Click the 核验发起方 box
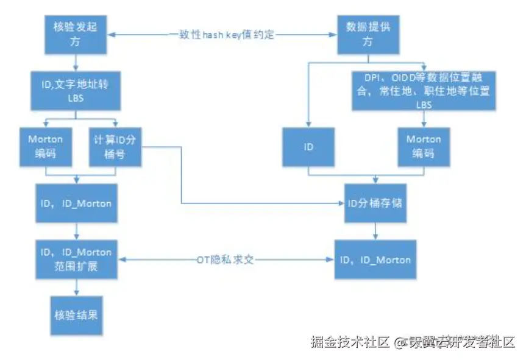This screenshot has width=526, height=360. point(75,34)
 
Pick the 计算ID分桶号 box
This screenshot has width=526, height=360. point(115,146)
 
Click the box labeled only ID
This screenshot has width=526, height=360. point(308,147)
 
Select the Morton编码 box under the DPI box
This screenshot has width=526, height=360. point(424,147)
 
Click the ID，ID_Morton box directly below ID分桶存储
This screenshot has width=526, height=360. point(374,259)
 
